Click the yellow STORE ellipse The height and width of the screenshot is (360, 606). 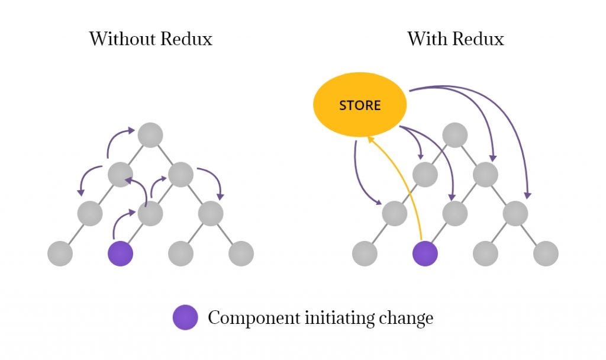[x=359, y=106]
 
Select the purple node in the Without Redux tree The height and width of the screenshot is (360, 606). [x=120, y=254]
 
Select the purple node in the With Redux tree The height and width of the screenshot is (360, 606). [x=424, y=254]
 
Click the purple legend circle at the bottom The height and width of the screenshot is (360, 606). [x=185, y=318]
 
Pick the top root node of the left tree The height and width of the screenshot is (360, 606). [x=150, y=135]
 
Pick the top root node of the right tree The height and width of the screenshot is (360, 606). [x=454, y=135]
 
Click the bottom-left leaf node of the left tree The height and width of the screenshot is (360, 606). [x=60, y=254]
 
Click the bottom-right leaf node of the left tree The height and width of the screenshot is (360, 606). [x=241, y=254]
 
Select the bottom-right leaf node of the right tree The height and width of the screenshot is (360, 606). [x=545, y=254]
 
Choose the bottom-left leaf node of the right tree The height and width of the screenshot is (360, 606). [x=364, y=254]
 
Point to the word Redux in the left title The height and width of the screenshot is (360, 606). [x=184, y=39]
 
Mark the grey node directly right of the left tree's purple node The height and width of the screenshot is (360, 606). [x=180, y=254]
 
